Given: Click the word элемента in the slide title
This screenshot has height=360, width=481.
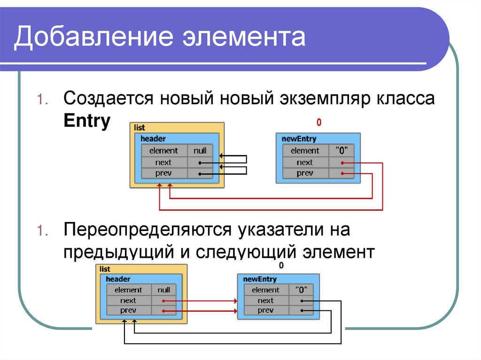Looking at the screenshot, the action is [x=244, y=37].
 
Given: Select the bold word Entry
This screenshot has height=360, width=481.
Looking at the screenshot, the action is [x=87, y=121].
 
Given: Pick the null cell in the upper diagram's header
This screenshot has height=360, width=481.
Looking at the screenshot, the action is [x=200, y=151].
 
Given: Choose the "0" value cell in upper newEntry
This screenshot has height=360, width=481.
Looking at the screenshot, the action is [x=341, y=151].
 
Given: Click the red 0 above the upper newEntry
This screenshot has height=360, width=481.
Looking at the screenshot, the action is [x=319, y=123].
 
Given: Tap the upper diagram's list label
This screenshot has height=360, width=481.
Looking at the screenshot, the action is [x=139, y=128].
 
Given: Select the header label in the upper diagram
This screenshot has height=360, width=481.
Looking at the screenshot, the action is [x=153, y=138].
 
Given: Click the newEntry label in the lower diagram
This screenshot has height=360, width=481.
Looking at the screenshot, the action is [x=260, y=279].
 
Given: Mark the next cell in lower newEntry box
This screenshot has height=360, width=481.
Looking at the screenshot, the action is [x=266, y=300].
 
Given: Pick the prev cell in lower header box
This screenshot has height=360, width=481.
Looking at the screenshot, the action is [x=128, y=310].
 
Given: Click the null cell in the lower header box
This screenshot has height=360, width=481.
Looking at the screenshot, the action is [x=164, y=290].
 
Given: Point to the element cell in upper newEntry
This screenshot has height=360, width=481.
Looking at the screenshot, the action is [x=305, y=151].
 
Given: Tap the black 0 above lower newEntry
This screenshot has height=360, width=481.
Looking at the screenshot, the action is [x=281, y=266].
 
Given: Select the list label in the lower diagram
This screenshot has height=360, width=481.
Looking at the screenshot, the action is [x=105, y=269].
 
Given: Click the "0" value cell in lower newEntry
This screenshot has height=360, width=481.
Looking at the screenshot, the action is [x=301, y=290].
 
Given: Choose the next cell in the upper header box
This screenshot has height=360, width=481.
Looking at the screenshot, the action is [x=163, y=162].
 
